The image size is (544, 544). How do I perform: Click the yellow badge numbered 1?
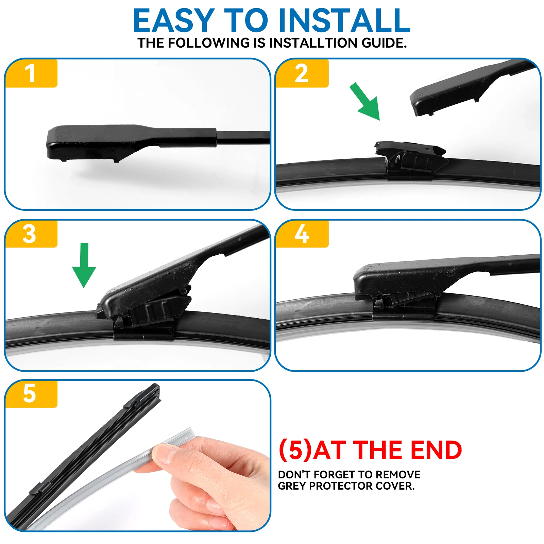[x=31, y=73]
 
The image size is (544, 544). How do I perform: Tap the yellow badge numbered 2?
[x=302, y=73]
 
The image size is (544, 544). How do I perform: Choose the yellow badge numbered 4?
[x=302, y=234]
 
